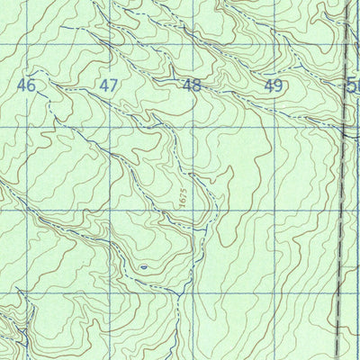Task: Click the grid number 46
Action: click(x=27, y=85)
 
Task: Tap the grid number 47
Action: click(x=109, y=85)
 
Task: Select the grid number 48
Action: click(x=191, y=85)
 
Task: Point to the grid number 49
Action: click(x=274, y=85)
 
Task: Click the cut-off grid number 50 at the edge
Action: click(x=353, y=85)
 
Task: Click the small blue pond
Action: click(x=143, y=266)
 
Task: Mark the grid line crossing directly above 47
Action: click(x=110, y=44)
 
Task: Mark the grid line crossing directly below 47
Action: click(x=109, y=126)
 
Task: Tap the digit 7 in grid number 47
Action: click(x=114, y=85)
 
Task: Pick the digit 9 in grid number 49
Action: click(x=279, y=85)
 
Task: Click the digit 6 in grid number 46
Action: click(x=32, y=85)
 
